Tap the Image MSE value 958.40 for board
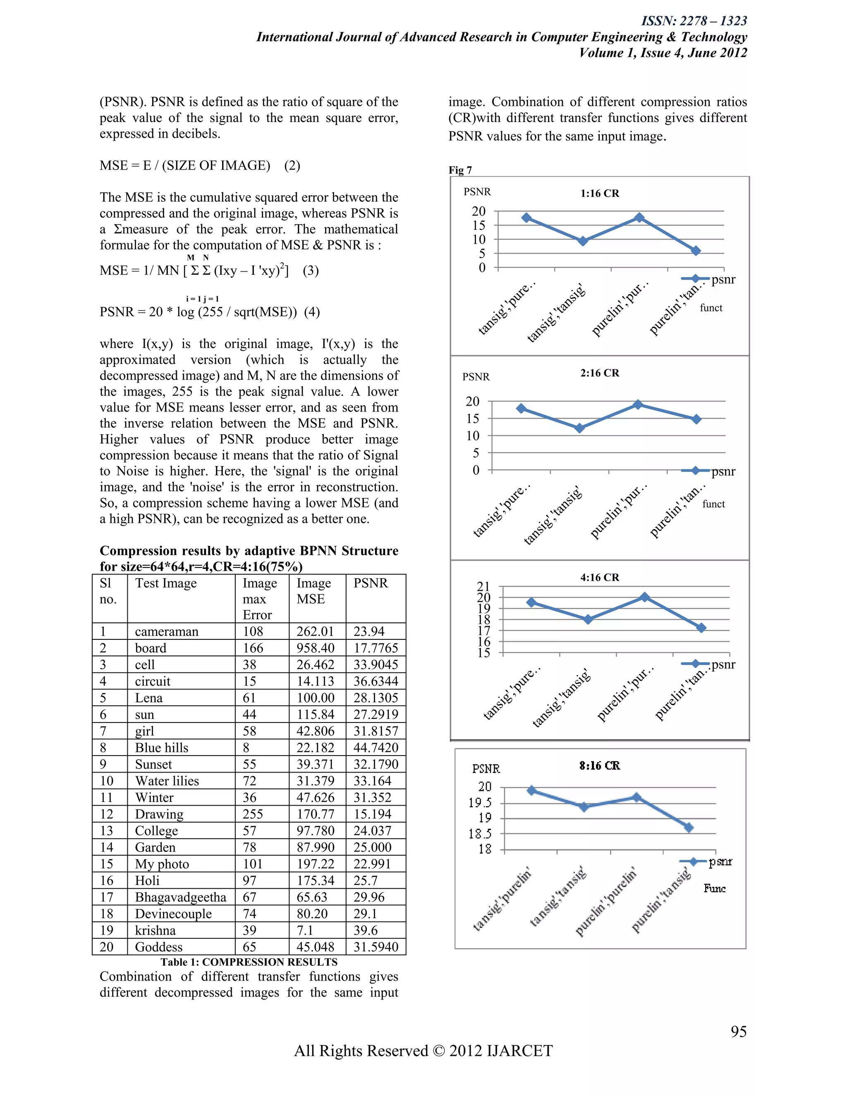[x=315, y=648]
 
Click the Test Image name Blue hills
[x=162, y=748]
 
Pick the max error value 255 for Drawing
[x=253, y=814]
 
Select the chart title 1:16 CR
[x=600, y=193]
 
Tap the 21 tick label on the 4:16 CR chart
[x=483, y=586]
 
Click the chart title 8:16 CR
[x=600, y=766]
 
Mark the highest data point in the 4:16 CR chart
[x=645, y=597]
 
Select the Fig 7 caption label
[x=460, y=170]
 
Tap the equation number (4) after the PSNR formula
[x=311, y=312]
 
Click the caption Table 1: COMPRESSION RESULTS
[x=249, y=962]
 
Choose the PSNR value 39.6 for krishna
[x=365, y=931]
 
